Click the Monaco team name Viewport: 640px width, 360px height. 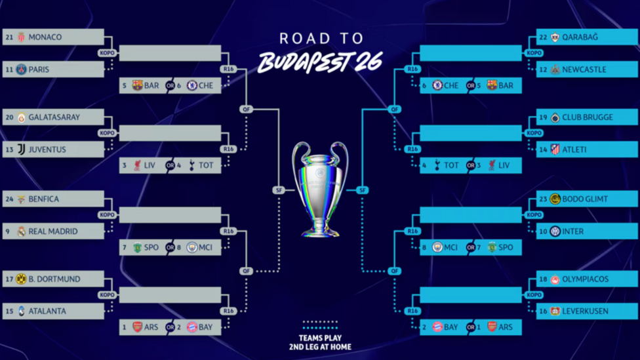[45, 37]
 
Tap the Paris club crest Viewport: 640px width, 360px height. [21, 70]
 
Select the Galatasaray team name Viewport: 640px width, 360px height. [54, 117]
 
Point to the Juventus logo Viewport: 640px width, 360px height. [21, 150]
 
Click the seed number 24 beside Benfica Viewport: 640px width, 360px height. [9, 199]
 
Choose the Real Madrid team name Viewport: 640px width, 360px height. [52, 231]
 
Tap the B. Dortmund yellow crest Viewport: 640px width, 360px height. [21, 279]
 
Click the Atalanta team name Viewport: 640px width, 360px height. [47, 311]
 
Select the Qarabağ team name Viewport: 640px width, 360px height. [580, 37]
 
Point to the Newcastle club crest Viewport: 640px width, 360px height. [555, 70]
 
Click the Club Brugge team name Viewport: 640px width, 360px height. [588, 117]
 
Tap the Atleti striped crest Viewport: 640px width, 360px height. [555, 150]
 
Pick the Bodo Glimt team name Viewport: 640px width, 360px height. [585, 199]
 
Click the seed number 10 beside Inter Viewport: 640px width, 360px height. [543, 231]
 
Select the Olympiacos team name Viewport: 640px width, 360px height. [586, 279]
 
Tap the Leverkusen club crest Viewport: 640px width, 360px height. [555, 311]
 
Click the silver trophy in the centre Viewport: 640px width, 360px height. [320, 189]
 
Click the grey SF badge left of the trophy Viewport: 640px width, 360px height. [279, 190]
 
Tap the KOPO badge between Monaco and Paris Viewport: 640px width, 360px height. [107, 53]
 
